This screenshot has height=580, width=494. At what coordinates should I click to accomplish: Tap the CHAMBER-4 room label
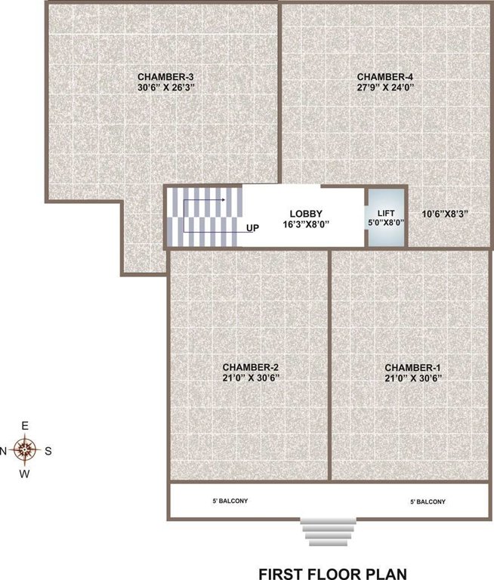click(385, 76)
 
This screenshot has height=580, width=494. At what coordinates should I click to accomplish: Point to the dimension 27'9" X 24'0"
click(385, 88)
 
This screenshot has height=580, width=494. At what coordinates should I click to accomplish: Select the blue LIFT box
click(386, 217)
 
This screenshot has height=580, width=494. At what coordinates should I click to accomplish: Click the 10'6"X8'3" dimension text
click(444, 214)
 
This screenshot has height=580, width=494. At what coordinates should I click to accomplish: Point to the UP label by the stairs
click(252, 227)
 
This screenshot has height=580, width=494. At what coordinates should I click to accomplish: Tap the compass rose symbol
click(26, 450)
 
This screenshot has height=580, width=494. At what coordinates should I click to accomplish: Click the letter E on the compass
click(25, 427)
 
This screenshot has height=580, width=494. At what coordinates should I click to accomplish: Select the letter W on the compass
click(25, 474)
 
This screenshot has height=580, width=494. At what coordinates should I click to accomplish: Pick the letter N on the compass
click(4, 451)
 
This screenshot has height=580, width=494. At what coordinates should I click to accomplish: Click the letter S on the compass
click(48, 451)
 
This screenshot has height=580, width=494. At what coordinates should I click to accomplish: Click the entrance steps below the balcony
click(327, 531)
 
